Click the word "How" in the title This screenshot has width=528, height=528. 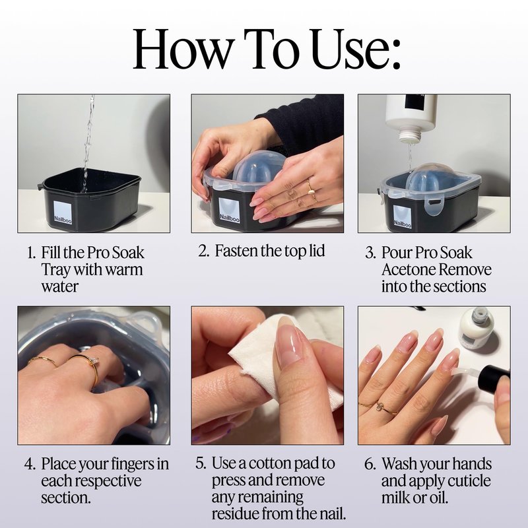[182, 49]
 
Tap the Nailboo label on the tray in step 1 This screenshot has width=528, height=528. [63, 212]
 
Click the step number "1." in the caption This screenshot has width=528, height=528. [32, 253]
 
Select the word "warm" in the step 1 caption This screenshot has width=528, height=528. [123, 269]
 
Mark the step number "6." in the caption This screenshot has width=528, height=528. [370, 465]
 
